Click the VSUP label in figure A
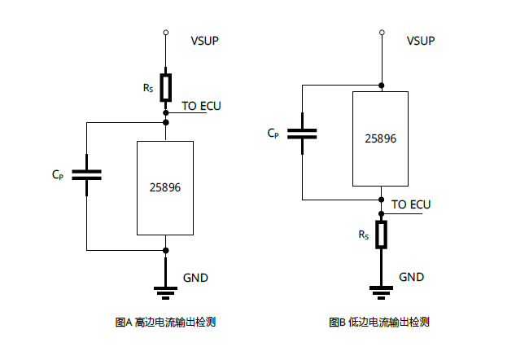205,41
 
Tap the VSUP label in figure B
421,41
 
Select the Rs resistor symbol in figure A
166,87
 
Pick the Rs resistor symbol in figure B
381,235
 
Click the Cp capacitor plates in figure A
87,175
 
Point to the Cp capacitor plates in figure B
302,134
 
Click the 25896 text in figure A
165,187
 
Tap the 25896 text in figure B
381,138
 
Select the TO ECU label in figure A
201,106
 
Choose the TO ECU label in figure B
411,204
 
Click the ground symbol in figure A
166,293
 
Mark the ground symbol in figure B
381,292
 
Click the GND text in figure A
195,278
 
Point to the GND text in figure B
411,277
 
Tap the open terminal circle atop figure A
166,33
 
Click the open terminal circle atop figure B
382,33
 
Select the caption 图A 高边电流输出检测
165,323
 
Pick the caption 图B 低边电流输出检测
379,323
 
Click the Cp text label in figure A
58,174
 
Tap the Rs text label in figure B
364,235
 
